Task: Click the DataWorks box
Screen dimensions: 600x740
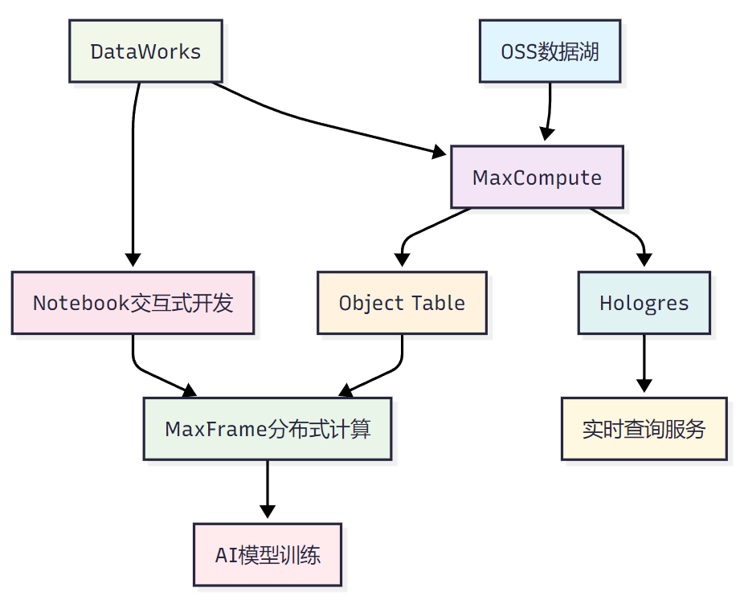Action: point(145,52)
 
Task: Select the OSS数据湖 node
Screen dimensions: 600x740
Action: point(550,52)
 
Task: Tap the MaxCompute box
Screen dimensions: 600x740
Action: point(537,178)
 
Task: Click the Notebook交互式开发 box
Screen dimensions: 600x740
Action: point(133,303)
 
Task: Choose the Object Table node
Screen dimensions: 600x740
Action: point(402,303)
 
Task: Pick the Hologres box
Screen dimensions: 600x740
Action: point(644,303)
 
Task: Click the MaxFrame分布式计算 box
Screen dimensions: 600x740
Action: point(268,429)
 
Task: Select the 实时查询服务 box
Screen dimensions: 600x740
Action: point(644,429)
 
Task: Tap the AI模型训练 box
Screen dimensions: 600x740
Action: point(268,554)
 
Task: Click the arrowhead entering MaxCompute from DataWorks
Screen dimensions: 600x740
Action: point(440,150)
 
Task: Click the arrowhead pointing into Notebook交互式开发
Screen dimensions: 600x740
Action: point(133,260)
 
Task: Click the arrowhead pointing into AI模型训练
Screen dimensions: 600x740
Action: point(268,512)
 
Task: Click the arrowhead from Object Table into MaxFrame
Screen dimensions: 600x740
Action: point(345,391)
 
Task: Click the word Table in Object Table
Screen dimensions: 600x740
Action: point(438,303)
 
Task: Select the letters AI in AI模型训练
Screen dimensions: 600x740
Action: point(224,554)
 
